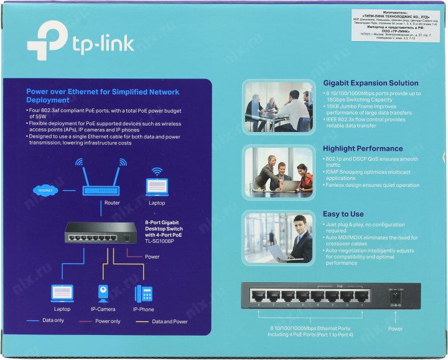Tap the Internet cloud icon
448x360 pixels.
coord(44,190)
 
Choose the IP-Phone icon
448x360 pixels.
coord(144,293)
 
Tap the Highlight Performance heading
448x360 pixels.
coord(363,149)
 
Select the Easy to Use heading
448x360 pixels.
coord(343,214)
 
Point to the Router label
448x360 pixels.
coord(112,203)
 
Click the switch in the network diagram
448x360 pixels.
coord(101,236)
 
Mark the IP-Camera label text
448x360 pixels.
coord(103,309)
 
